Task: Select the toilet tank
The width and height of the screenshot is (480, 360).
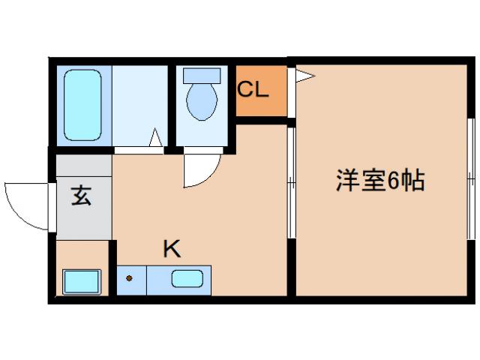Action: click(202, 76)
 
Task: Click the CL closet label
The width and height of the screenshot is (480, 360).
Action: click(253, 89)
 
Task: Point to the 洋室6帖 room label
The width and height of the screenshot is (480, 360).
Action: click(381, 181)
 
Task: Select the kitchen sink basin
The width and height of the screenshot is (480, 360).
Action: click(186, 280)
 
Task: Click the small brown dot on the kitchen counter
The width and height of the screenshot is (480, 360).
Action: click(129, 280)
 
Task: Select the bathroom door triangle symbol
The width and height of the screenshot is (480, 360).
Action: click(156, 139)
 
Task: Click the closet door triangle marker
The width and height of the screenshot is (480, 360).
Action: click(301, 74)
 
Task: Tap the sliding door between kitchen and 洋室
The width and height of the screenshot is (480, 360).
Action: click(292, 184)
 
